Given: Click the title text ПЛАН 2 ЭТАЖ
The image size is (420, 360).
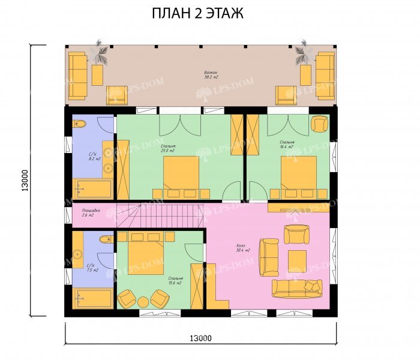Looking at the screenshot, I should point(197,13).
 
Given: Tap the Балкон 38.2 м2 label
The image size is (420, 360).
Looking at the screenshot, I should point(211,74).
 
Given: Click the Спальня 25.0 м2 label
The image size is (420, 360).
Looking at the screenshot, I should point(168,148).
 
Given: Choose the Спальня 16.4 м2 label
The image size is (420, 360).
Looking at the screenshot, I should point(286,145).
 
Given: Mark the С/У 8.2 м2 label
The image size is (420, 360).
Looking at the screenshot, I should point(94,157).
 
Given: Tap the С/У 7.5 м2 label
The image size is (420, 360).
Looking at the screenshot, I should point(91,268).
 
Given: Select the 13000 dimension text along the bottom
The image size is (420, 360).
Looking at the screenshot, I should point(201,338).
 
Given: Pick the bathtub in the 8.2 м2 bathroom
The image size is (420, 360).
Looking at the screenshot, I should point(92,188).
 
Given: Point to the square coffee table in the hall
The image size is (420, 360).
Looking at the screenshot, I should point(296,261).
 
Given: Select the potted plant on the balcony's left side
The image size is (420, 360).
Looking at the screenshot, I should point(101,53).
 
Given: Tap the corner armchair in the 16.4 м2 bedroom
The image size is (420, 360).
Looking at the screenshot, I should point(319,124).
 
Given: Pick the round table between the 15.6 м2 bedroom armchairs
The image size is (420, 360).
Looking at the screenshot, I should point(143,300).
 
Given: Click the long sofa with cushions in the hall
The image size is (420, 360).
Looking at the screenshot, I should point(297,288).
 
